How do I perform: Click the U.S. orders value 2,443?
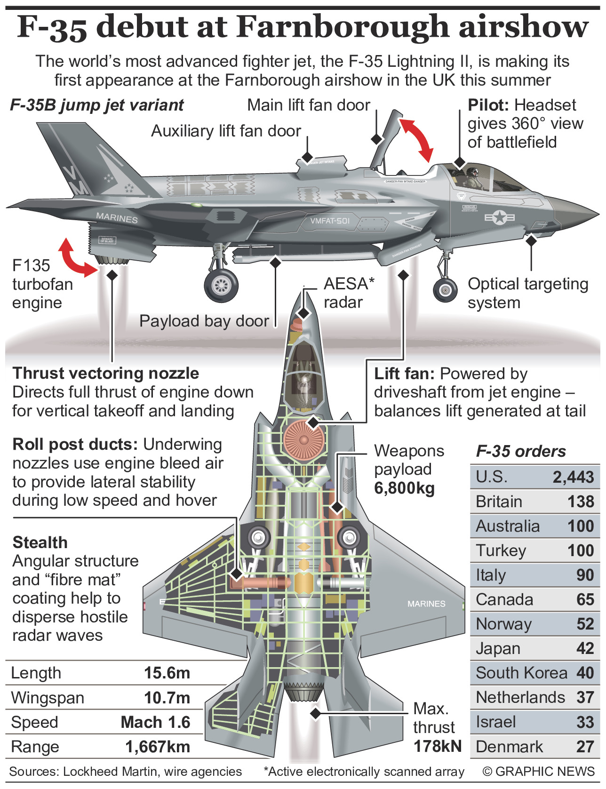(573, 477)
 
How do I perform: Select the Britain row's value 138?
(581, 502)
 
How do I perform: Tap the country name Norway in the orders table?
(503, 624)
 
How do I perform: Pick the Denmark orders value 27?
(585, 747)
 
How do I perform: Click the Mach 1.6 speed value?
(155, 722)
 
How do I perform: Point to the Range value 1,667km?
(158, 747)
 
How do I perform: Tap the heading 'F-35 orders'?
(521, 451)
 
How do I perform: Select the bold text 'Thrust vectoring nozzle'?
(106, 373)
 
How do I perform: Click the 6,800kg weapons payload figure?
(404, 488)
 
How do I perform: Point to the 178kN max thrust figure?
(437, 746)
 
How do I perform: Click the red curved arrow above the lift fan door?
(416, 140)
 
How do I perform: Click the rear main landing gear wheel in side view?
(221, 285)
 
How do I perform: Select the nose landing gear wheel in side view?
(445, 290)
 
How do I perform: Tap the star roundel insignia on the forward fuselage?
(500, 217)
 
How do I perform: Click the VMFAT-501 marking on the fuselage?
(330, 221)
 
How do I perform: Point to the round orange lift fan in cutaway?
(303, 440)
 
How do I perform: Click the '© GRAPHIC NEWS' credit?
(539, 772)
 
